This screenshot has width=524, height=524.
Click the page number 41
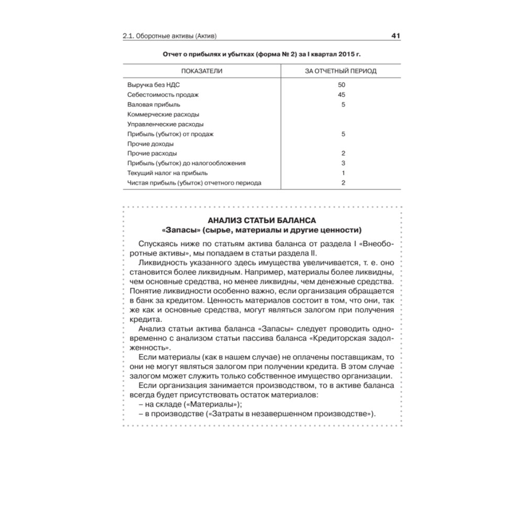pyautogui.click(x=396, y=36)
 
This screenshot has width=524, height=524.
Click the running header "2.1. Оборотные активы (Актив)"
pyautogui.click(x=170, y=37)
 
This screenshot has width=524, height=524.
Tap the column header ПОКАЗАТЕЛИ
pyautogui.click(x=202, y=71)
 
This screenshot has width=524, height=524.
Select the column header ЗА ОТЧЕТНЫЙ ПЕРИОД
pyautogui.click(x=341, y=71)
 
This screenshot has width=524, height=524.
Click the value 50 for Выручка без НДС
pyautogui.click(x=342, y=85)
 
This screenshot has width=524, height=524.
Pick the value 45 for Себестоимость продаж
pyautogui.click(x=342, y=95)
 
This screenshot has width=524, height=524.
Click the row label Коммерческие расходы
pyautogui.click(x=163, y=114)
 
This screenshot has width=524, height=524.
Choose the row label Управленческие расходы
pyautogui.click(x=165, y=124)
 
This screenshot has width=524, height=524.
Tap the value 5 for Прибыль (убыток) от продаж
pyautogui.click(x=343, y=134)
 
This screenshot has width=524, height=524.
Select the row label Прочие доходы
pyautogui.click(x=150, y=144)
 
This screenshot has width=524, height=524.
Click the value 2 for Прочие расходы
pyautogui.click(x=343, y=154)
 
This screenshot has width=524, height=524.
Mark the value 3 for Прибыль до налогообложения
pyautogui.click(x=343, y=163)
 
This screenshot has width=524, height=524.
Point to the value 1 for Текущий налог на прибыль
pyautogui.click(x=343, y=173)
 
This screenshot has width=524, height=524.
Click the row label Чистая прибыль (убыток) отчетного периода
pyautogui.click(x=194, y=183)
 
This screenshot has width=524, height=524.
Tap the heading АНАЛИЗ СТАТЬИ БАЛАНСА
pyautogui.click(x=262, y=220)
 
